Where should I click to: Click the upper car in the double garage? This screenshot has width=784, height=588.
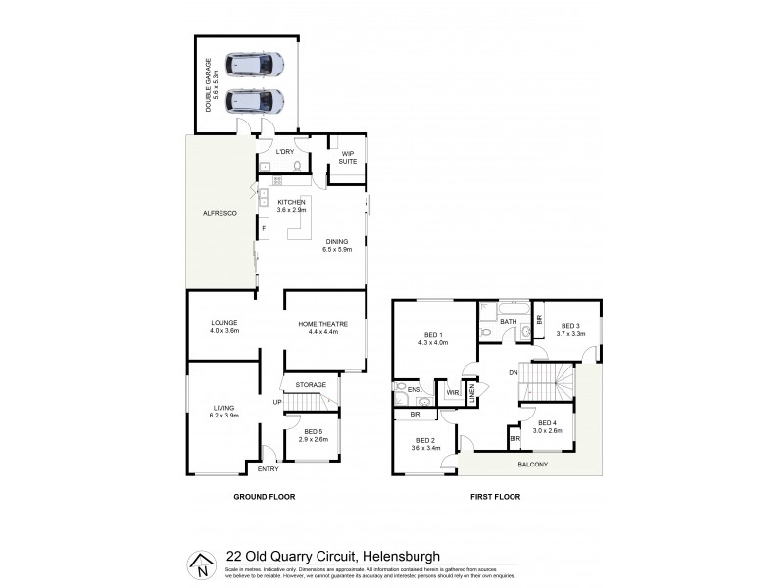255,66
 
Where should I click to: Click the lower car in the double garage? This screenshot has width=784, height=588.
255,101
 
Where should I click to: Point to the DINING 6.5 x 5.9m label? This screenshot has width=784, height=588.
336,246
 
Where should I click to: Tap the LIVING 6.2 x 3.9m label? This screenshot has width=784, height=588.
224,412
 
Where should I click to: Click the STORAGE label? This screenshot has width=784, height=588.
310,385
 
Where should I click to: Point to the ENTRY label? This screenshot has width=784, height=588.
268,469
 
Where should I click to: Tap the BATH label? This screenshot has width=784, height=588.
508,321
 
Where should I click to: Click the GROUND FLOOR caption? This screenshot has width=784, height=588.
264,497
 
